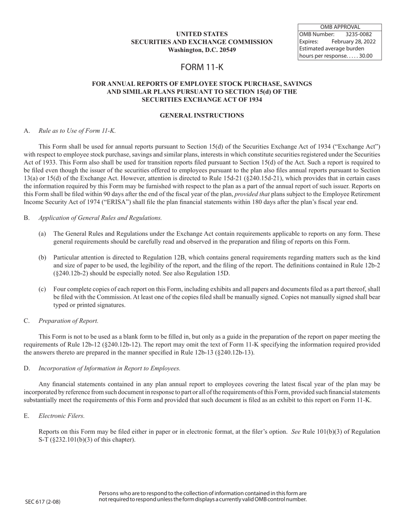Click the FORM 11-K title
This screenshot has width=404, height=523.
(x=202, y=67)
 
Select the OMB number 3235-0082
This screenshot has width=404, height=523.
(x=358, y=34)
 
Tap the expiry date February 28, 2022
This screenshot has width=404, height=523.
(x=353, y=41)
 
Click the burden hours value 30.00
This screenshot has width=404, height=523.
(x=365, y=56)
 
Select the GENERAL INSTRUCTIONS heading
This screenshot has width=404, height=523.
(x=202, y=115)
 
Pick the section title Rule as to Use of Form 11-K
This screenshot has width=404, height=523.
(x=77, y=131)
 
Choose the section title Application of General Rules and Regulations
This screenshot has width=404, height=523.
(x=100, y=218)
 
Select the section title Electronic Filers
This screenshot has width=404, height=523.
(x=61, y=415)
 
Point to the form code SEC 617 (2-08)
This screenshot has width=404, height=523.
(x=43, y=502)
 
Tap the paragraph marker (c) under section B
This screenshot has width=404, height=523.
(x=42, y=289)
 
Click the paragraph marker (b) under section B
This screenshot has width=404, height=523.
(x=42, y=258)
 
